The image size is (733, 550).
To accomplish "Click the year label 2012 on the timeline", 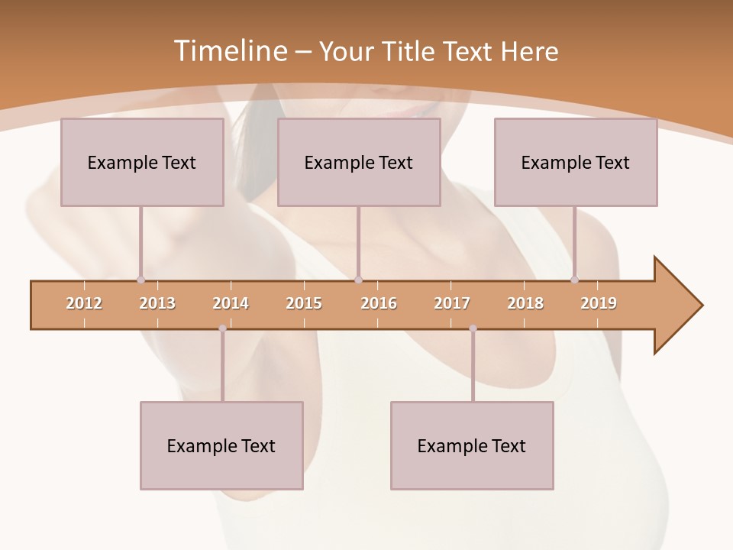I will point(84,303).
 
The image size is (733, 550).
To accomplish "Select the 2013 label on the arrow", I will point(157,303).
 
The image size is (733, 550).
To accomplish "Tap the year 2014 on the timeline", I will point(231,303).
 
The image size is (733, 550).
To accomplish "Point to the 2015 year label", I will point(304,303).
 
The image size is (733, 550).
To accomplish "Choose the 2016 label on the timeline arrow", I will point(379,303).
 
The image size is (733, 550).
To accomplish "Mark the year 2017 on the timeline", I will point(452,303).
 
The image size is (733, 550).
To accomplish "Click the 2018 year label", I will point(525,303).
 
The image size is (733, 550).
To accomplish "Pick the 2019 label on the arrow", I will point(599,303).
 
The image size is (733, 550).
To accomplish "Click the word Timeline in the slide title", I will point(228,51).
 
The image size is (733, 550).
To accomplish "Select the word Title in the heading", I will point(410,51).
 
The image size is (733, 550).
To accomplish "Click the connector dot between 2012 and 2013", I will point(140,280).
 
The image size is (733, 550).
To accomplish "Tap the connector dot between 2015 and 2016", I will point(358,280).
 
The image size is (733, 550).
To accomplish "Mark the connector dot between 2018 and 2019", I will point(575,280).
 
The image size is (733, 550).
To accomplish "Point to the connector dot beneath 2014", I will point(222,328).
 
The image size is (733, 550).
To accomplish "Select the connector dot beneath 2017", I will point(473,328).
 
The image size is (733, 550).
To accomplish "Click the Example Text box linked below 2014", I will point(221,445).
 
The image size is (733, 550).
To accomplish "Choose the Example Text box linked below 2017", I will point(472,445).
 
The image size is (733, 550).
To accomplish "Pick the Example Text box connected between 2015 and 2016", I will point(359,162).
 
